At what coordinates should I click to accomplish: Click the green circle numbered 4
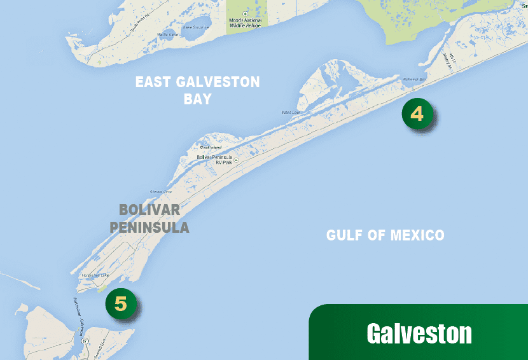pyautogui.click(x=417, y=114)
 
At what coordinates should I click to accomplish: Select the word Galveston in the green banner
pyautogui.click(x=419, y=334)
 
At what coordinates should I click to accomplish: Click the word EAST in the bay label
pyautogui.click(x=157, y=83)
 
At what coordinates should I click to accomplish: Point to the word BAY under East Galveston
pyautogui.click(x=197, y=100)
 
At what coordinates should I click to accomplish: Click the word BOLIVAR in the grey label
pyautogui.click(x=149, y=210)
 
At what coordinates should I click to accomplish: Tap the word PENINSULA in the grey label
pyautogui.click(x=149, y=227)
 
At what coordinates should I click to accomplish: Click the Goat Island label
pyautogui.click(x=211, y=148)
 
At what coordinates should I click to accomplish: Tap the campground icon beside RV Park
pyautogui.click(x=235, y=160)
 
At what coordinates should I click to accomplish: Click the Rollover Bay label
pyautogui.click(x=416, y=80)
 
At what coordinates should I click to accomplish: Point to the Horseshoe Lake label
pyautogui.click(x=95, y=275)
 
